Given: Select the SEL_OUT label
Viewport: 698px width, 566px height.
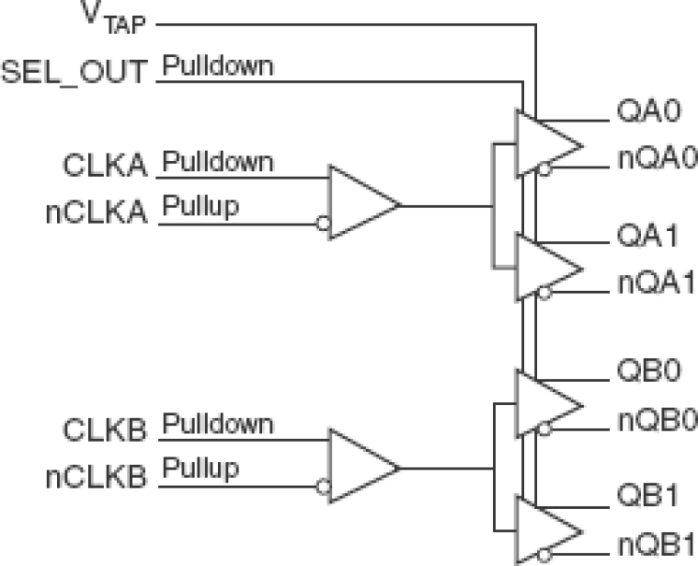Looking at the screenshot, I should [76, 72].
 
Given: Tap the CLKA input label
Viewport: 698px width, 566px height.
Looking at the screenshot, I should [106, 167].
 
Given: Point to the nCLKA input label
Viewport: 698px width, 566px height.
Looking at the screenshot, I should [96, 211].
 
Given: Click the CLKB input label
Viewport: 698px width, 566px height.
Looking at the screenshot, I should [106, 430].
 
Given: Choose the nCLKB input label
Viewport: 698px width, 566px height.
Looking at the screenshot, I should [96, 476].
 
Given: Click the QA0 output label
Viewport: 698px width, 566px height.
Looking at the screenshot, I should [646, 114].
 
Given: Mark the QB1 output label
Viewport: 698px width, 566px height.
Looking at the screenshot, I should [646, 497].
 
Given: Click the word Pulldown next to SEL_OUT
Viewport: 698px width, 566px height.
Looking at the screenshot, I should [218, 65].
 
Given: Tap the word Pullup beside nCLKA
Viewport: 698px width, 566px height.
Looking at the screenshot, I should [200, 206].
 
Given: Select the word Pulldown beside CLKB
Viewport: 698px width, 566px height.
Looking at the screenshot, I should [218, 423].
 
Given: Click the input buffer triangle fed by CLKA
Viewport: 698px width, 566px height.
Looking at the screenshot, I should [361, 204].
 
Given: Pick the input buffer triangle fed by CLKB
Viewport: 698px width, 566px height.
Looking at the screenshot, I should [361, 467].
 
